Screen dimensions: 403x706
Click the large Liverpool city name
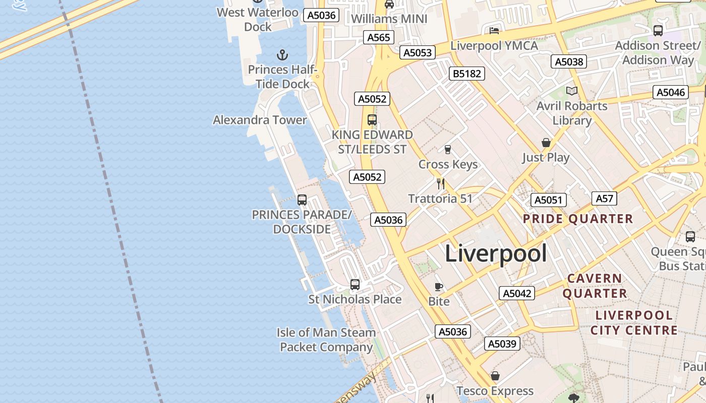(496, 253)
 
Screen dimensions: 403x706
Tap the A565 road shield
(379, 37)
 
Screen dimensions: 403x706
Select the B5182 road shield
(466, 74)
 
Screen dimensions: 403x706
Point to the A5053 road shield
(418, 52)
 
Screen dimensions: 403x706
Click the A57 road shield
(604, 198)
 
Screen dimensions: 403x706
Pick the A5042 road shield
(517, 293)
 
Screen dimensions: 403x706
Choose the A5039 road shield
(502, 344)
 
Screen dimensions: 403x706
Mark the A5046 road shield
(671, 92)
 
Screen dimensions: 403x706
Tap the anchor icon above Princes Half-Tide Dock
(282, 54)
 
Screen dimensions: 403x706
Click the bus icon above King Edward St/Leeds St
(372, 120)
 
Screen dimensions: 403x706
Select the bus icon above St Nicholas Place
(355, 285)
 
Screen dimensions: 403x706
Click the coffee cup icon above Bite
(439, 287)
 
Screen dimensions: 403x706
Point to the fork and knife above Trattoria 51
(441, 183)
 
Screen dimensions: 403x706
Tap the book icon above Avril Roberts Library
(571, 91)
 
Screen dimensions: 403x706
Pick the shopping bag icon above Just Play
(546, 143)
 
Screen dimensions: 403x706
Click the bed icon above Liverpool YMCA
(494, 30)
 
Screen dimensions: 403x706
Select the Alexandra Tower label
(260, 120)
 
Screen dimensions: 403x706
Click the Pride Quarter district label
(577, 219)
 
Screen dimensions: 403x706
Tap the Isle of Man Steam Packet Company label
(326, 340)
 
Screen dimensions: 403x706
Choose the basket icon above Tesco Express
(495, 376)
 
